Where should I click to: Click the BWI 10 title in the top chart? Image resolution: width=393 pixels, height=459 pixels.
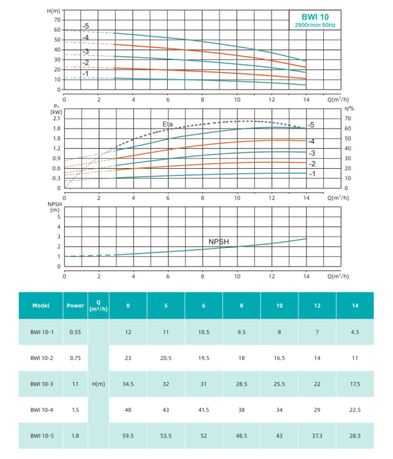pyautogui.click(x=315, y=17)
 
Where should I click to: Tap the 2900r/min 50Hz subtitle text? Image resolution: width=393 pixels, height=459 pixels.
pyautogui.click(x=315, y=25)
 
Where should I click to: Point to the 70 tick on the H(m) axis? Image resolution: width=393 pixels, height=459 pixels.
pyautogui.click(x=57, y=20)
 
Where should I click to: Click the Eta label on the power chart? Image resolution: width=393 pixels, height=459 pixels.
pyautogui.click(x=167, y=124)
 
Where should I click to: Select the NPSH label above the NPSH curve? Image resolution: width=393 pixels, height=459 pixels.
pyautogui.click(x=219, y=242)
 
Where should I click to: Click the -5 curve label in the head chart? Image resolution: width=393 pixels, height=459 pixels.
pyautogui.click(x=85, y=26)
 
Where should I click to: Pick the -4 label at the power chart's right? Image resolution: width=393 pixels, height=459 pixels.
pyautogui.click(x=311, y=142)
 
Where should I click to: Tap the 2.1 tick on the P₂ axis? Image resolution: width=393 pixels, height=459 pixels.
pyautogui.click(x=56, y=119)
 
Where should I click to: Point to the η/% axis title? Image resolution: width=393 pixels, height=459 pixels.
pyautogui.click(x=349, y=109)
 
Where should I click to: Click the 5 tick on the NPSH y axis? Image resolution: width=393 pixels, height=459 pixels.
pyautogui.click(x=59, y=217)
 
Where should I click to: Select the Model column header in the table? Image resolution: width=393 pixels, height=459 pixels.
pyautogui.click(x=41, y=306)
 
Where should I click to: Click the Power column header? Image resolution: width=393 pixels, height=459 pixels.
pyautogui.click(x=75, y=306)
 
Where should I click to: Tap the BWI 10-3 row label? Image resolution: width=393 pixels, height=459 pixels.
pyautogui.click(x=42, y=384)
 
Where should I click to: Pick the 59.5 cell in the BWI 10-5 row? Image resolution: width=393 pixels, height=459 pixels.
pyautogui.click(x=128, y=436)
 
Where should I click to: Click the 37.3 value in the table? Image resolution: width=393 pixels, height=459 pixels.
pyautogui.click(x=318, y=436)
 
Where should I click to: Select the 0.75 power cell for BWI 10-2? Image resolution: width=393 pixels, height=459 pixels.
pyautogui.click(x=75, y=358)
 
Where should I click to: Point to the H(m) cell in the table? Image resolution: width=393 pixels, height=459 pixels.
pyautogui.click(x=99, y=384)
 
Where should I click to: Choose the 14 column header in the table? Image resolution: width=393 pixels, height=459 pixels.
pyautogui.click(x=355, y=306)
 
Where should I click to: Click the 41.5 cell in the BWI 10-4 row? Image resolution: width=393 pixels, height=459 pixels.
pyautogui.click(x=203, y=410)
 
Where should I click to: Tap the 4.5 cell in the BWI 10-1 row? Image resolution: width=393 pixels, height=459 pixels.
pyautogui.click(x=355, y=333)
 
